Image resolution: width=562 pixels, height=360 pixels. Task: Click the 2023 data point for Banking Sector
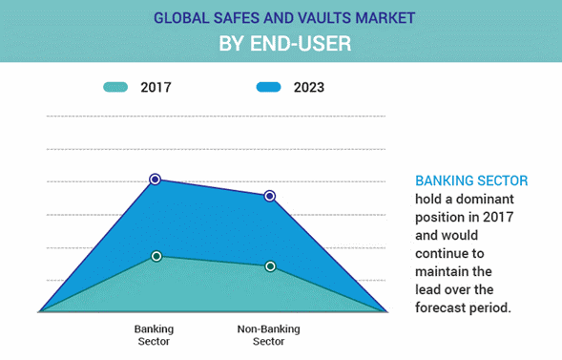coord(155,179)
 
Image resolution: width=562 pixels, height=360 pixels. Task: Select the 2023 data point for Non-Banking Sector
coord(270,196)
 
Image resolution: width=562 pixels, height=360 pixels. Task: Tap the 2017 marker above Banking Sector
coord(156,256)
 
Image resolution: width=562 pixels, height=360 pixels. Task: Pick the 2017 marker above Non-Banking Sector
coord(270,266)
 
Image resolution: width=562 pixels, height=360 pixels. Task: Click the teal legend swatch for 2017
coord(115,88)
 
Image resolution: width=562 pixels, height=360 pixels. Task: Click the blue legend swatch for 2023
coord(270,88)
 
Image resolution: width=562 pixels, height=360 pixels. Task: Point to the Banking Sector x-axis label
coord(154,335)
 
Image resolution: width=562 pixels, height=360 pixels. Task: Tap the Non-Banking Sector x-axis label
coord(268,335)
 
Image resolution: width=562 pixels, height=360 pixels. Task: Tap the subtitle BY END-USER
coord(281,43)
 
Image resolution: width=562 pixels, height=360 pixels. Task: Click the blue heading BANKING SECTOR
coord(471,180)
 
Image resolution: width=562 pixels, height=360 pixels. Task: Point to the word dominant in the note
coord(479,199)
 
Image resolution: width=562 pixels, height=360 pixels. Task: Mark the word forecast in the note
coord(446,307)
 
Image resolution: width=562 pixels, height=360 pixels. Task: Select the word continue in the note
coord(444,253)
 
